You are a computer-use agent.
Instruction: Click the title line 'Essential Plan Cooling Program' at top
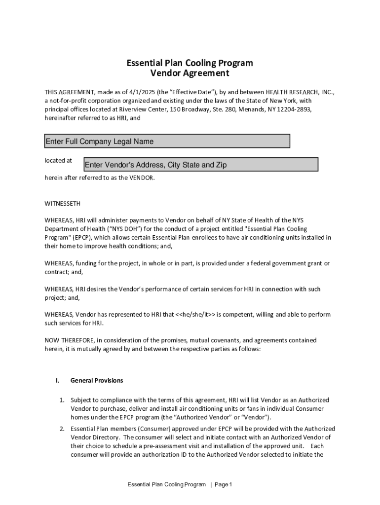[190, 63]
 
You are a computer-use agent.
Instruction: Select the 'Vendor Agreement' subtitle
[190, 73]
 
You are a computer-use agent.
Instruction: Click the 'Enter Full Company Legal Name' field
[167, 142]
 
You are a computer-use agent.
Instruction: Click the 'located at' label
[58, 160]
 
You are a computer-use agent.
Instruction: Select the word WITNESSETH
[63, 203]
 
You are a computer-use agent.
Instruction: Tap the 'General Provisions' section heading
[97, 381]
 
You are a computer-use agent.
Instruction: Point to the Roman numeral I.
[57, 381]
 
